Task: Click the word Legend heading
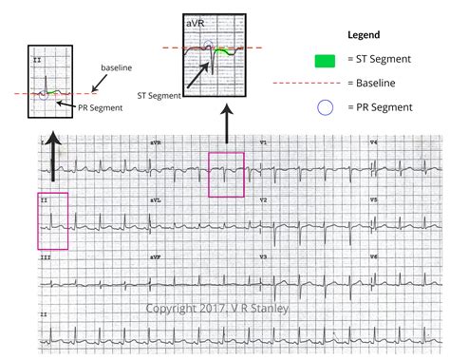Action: point(364,34)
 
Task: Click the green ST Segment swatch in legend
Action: point(326,61)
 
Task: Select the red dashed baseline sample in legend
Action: point(325,84)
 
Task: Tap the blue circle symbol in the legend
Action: point(325,107)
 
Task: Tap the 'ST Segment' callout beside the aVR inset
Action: point(158,96)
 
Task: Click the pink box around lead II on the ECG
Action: point(52,220)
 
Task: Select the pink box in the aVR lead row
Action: point(226,173)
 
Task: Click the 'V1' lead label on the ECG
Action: point(264,142)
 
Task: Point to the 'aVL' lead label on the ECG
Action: point(155,201)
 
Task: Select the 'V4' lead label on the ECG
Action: point(373,142)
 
